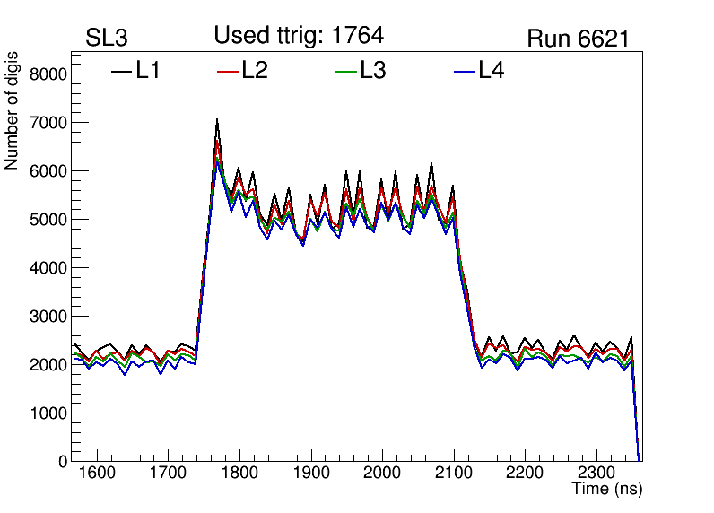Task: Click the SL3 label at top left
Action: [x=107, y=39]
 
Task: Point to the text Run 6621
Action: [x=577, y=39]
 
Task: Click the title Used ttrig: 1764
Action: [x=299, y=36]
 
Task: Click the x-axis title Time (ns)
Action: [x=607, y=489]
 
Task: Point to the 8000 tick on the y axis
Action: [x=48, y=74]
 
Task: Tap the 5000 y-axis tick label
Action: [x=48, y=219]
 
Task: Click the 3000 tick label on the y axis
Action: [x=48, y=316]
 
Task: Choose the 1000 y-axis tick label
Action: [x=48, y=413]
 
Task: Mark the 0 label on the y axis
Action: [x=62, y=461]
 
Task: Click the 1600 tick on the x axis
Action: [x=96, y=474]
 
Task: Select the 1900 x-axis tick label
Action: [x=310, y=474]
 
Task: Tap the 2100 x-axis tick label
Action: [x=454, y=474]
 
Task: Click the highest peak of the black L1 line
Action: [x=217, y=120]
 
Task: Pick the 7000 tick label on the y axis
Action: [x=48, y=122]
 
